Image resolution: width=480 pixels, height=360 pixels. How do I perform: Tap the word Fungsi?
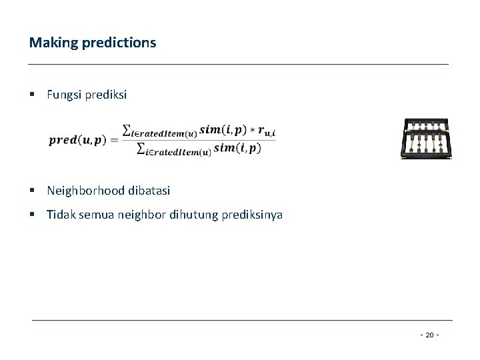coord(63,95)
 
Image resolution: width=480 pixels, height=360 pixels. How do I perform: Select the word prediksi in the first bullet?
coord(104,95)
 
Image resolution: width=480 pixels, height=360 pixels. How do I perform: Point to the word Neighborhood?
coord(85,191)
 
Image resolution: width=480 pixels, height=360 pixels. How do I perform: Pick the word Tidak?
coord(59,215)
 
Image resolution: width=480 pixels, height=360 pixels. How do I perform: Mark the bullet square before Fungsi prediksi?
coord(34,96)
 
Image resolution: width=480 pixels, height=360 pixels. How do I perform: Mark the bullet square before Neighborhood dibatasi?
coord(34,191)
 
